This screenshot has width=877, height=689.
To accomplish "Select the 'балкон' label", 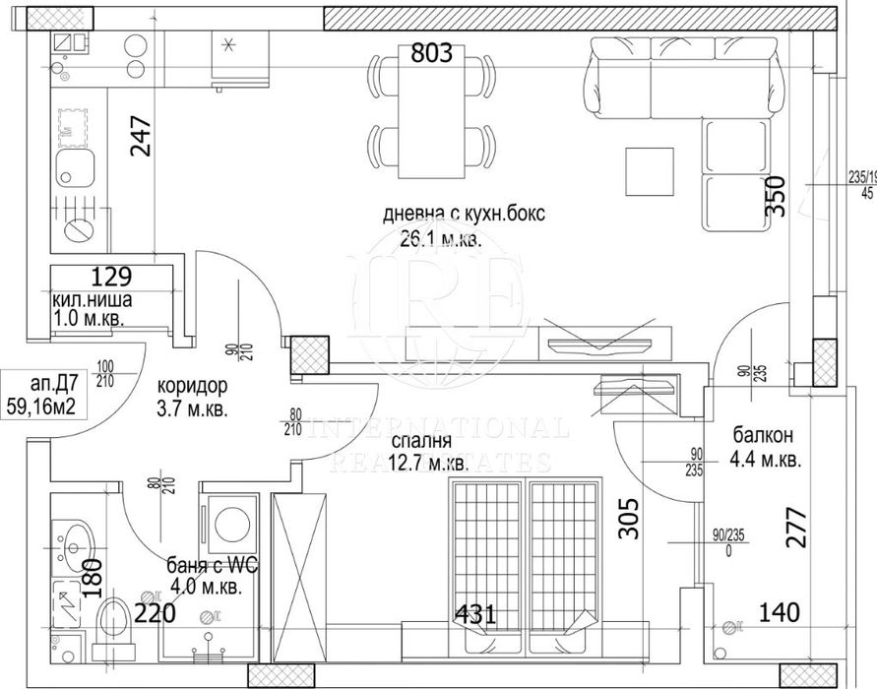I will pos(764,435).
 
